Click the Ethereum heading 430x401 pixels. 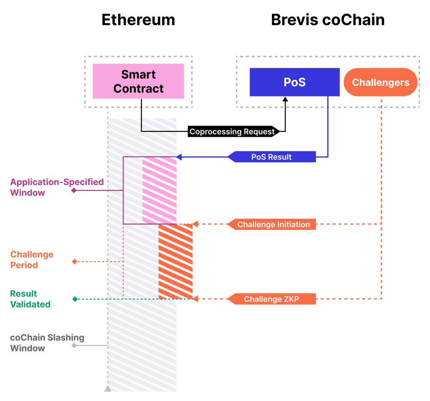[138, 19]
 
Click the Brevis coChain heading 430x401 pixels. [327, 19]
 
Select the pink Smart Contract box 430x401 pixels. [138, 81]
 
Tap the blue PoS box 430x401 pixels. [294, 82]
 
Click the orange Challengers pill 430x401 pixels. [380, 82]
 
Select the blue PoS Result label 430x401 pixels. [272, 157]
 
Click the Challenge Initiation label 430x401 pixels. [273, 225]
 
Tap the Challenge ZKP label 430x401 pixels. [272, 299]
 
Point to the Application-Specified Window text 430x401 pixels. [57, 187]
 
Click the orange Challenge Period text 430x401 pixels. [32, 259]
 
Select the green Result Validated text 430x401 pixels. [30, 299]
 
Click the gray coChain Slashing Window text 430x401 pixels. [47, 342]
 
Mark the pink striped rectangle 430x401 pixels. [159, 190]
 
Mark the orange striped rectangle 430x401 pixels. [175, 262]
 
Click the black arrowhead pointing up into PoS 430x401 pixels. [285, 99]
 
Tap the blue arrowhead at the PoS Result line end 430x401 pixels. [179, 157]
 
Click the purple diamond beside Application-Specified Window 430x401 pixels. [74, 190]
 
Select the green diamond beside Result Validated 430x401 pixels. [74, 299]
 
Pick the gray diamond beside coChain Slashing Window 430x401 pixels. [74, 345]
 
